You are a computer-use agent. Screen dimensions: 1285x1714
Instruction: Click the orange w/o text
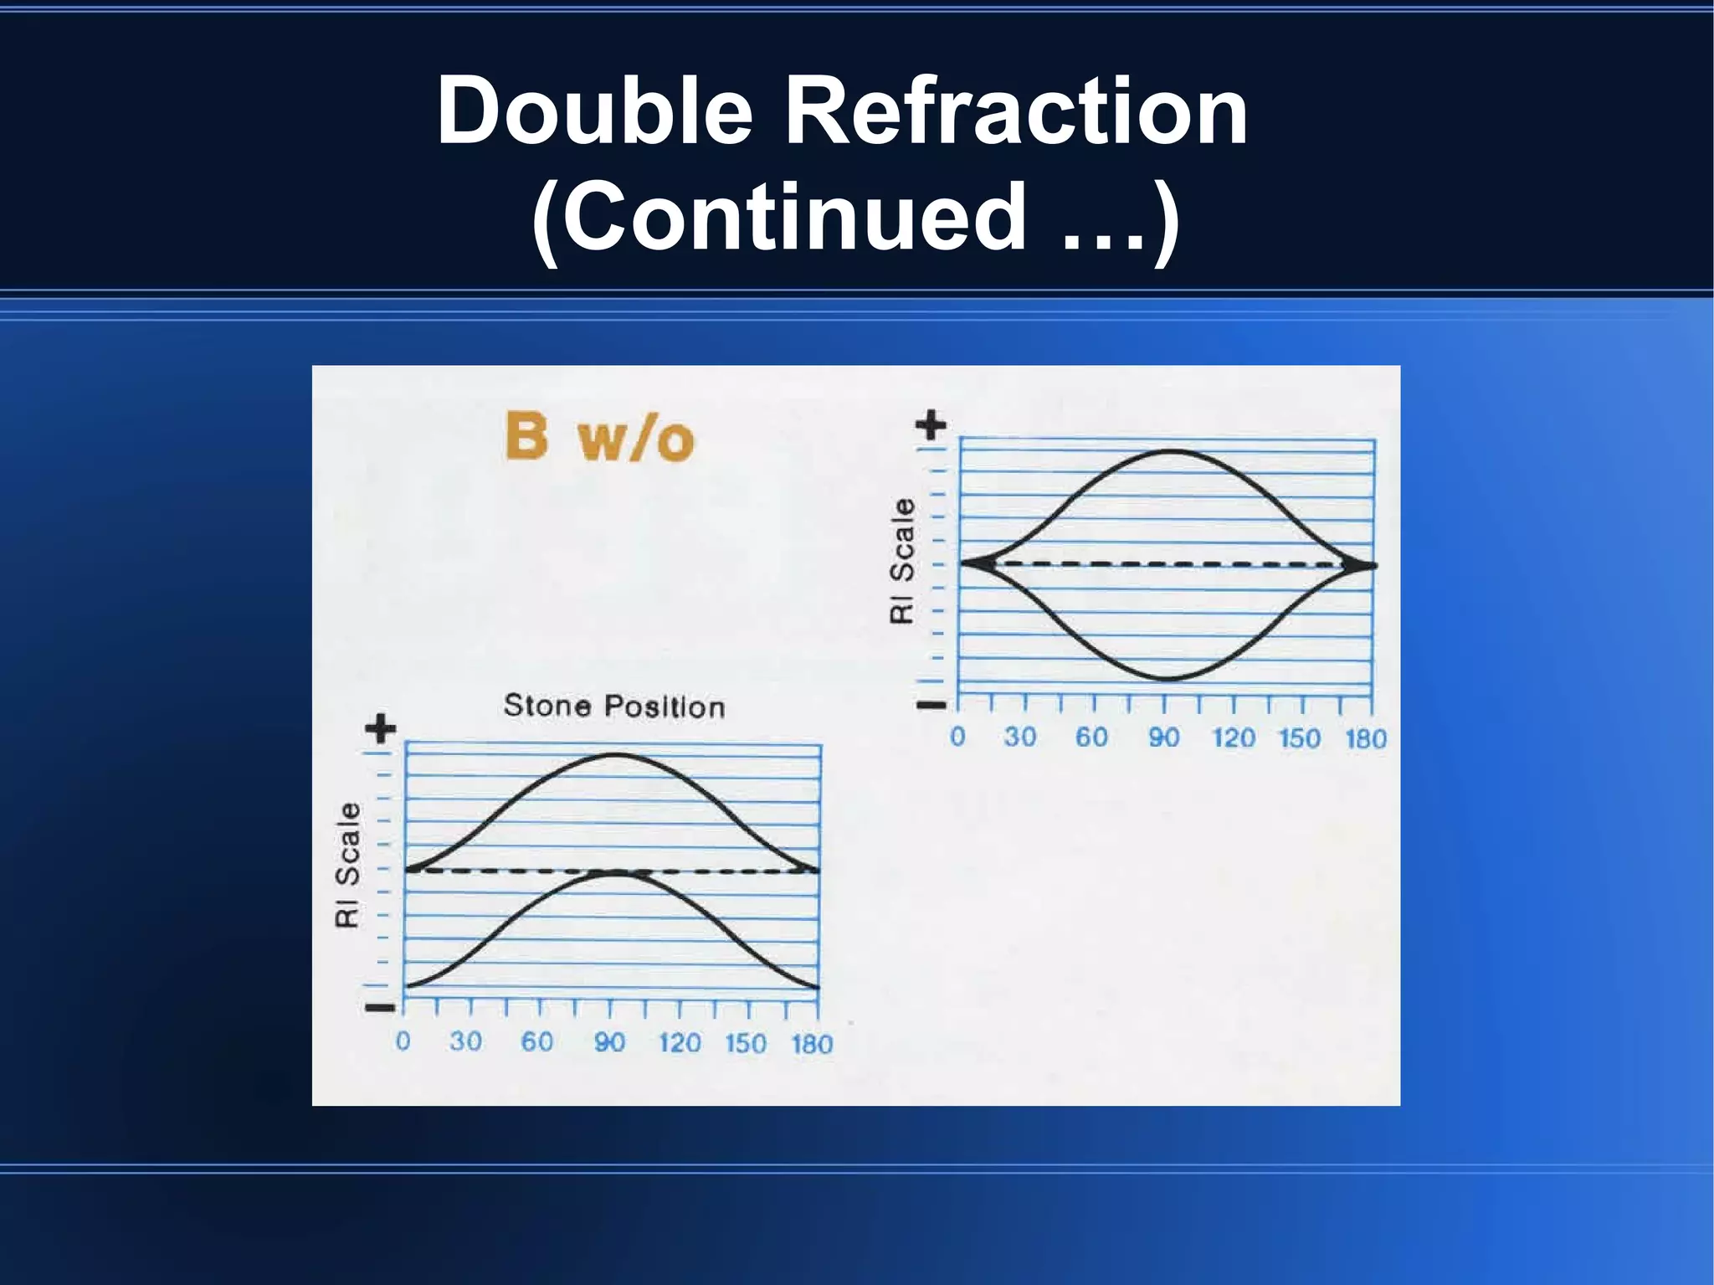(x=636, y=439)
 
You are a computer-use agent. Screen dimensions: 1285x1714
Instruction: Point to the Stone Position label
(x=614, y=707)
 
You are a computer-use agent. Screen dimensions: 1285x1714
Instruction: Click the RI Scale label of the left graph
(x=347, y=865)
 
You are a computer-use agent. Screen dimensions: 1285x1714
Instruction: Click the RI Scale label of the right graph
(x=901, y=560)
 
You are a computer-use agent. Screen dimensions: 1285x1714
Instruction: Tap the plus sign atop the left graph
(x=381, y=728)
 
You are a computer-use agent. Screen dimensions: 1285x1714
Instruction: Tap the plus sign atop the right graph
(x=931, y=424)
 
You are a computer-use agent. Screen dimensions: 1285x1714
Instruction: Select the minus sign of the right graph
(x=931, y=705)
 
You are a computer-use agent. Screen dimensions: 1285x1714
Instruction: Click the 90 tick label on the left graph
(x=609, y=1042)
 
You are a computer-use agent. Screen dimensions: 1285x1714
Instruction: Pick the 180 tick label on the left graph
(x=812, y=1044)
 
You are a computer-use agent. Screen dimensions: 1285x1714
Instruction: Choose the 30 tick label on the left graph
(x=465, y=1041)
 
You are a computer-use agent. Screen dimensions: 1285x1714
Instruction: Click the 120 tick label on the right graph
(x=1234, y=738)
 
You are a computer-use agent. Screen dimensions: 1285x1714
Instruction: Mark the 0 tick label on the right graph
(x=957, y=737)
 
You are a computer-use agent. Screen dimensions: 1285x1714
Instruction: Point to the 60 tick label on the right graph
(x=1091, y=737)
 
